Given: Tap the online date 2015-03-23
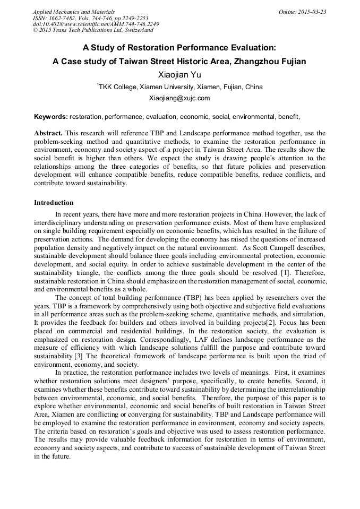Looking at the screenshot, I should coord(312,12).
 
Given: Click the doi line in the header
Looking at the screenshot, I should coord(96,24).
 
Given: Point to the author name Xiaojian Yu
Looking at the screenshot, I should coord(179,74).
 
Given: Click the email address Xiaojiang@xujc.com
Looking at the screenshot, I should coord(179,98).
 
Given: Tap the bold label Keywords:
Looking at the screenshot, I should coord(51,116).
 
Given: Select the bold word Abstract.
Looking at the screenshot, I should coord(48,132).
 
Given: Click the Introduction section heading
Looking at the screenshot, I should coord(54,202).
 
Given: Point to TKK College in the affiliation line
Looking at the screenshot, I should coord(117,87).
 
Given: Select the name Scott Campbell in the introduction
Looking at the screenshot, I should coord(274,248).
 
